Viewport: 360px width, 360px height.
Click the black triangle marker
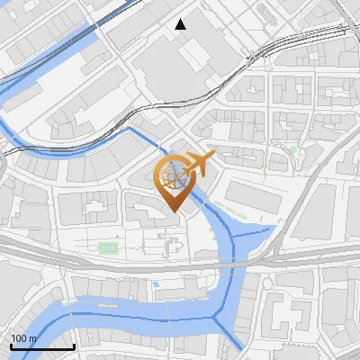181,24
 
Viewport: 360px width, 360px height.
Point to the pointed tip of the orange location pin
175,211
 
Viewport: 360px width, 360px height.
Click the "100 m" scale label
22,338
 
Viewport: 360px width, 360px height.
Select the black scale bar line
41,346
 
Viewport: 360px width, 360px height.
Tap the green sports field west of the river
108,246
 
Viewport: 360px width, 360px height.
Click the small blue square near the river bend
156,284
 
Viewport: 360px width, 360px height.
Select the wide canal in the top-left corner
36,63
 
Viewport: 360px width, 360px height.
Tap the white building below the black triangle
194,55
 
